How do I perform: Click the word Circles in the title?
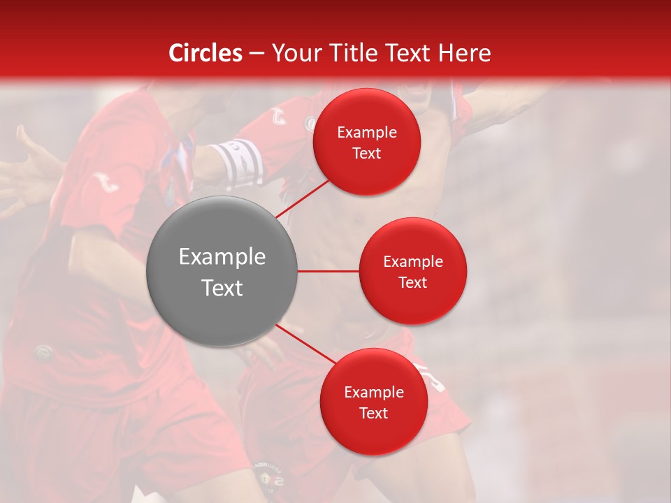click(205, 53)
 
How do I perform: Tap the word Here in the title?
click(464, 53)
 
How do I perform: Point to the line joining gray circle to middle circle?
click(328, 271)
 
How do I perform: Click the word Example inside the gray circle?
click(222, 257)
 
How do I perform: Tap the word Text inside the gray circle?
click(222, 288)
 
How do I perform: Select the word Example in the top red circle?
click(367, 133)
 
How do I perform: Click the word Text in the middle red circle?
click(412, 282)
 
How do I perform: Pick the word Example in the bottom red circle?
click(374, 393)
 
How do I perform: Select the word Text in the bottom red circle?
click(374, 414)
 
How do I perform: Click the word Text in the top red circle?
click(367, 154)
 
